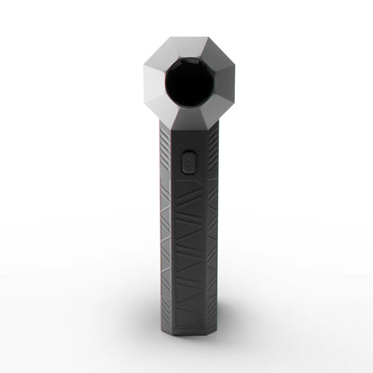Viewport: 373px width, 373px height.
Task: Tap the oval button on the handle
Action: (186, 161)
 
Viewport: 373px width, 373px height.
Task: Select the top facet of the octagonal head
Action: (186, 47)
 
